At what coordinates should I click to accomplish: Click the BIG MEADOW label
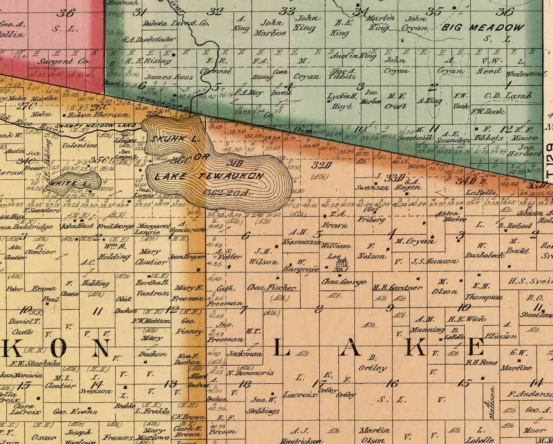click(x=483, y=28)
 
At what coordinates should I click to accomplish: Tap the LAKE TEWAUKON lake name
click(x=209, y=176)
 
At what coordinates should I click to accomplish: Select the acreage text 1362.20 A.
click(x=228, y=192)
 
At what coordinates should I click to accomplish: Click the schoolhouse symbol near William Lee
click(x=343, y=261)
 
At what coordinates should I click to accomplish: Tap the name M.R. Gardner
click(x=397, y=288)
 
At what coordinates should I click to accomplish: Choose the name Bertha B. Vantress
click(x=153, y=288)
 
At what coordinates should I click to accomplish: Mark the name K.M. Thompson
click(x=484, y=292)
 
